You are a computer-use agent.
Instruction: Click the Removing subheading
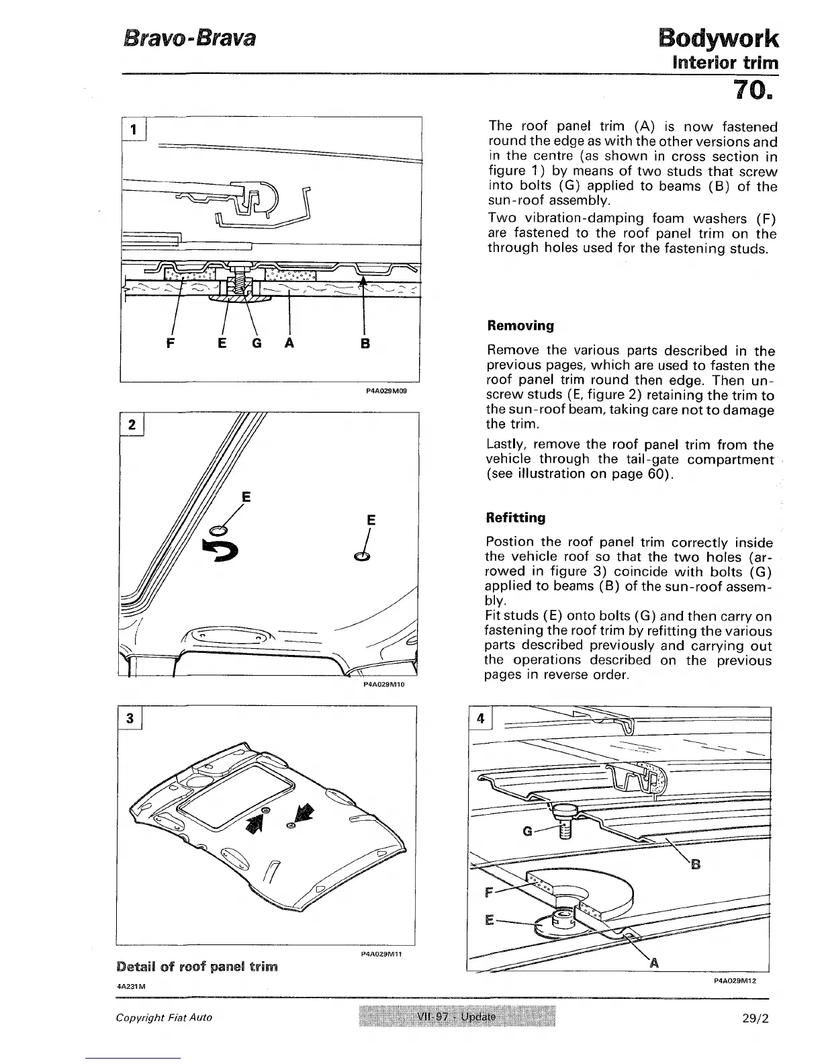pyautogui.click(x=520, y=326)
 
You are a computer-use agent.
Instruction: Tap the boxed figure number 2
pyautogui.click(x=132, y=425)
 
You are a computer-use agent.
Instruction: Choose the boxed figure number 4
pyautogui.click(x=480, y=718)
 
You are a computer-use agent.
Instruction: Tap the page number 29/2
pyautogui.click(x=752, y=1017)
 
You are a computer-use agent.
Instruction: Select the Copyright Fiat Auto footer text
pyautogui.click(x=164, y=1017)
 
